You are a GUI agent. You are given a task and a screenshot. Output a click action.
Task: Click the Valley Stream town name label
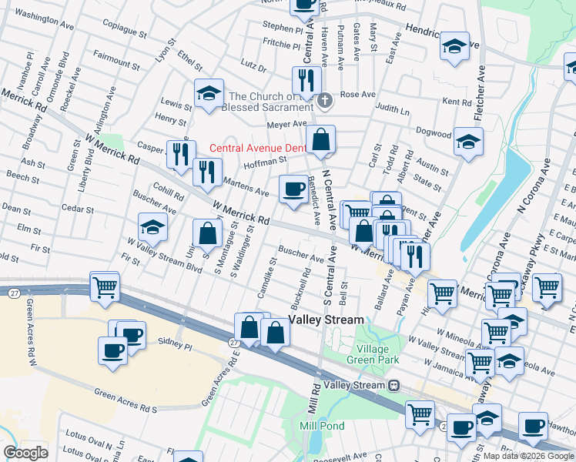click(326, 320)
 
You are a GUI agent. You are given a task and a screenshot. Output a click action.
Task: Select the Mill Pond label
click(322, 426)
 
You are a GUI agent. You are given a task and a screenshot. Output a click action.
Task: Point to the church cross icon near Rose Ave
click(326, 99)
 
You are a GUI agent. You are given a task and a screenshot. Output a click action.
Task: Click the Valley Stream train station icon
click(394, 385)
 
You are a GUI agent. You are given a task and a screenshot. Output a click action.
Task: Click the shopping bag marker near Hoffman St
click(321, 141)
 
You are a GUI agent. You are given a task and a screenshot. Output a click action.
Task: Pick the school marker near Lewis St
click(209, 93)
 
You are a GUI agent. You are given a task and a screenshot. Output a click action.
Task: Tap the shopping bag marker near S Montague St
click(207, 233)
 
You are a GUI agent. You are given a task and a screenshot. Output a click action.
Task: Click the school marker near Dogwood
click(468, 142)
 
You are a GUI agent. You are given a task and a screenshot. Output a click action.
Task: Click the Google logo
click(25, 453)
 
